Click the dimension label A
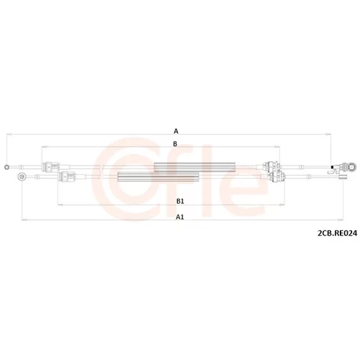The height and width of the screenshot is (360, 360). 176,131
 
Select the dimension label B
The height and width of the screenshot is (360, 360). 175,144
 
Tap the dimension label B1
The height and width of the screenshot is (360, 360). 180,201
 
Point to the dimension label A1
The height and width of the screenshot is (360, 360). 180,217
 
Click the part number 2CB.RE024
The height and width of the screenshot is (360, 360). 338,233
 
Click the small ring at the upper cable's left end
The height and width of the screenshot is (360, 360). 7,167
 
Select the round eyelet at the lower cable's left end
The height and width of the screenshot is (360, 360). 22,177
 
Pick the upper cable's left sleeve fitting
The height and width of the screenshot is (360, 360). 51,167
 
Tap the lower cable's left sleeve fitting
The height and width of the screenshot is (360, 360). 68,177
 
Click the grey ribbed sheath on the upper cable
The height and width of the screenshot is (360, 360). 194,167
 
